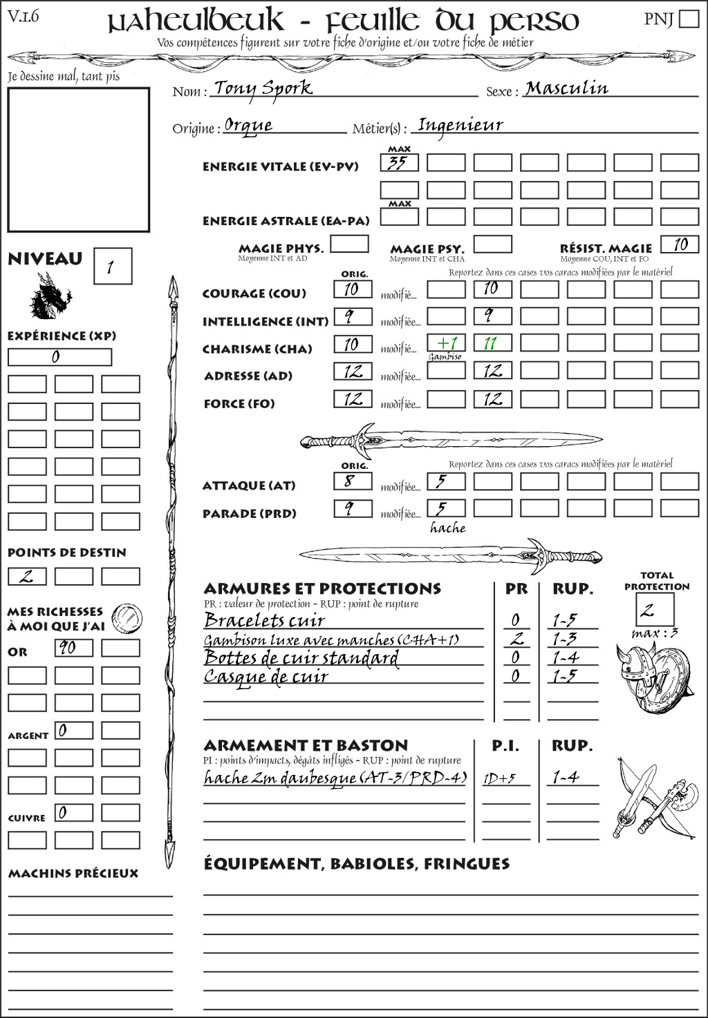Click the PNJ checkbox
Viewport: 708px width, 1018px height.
point(689,19)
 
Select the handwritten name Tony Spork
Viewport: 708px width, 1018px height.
point(263,88)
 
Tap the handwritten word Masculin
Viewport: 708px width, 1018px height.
point(566,88)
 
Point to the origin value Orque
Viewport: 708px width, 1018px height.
point(248,125)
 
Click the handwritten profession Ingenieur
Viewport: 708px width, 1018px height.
point(460,125)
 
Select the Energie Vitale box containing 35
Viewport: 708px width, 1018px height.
point(399,163)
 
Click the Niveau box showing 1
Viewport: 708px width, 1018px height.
point(112,266)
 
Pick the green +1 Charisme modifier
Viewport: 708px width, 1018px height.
point(447,343)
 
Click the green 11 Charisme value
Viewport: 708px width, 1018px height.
point(492,343)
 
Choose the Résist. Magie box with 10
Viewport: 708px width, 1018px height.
point(680,244)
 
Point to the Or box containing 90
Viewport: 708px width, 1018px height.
point(73,648)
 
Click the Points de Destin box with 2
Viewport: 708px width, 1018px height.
point(27,576)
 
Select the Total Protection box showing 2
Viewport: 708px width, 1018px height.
point(654,610)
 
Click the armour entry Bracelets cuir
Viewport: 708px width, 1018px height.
point(264,620)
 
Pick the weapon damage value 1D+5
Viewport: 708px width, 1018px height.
point(499,778)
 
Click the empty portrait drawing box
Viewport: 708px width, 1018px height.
point(79,160)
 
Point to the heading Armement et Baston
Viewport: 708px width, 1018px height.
point(306,745)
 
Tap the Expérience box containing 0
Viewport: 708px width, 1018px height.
point(59,357)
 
